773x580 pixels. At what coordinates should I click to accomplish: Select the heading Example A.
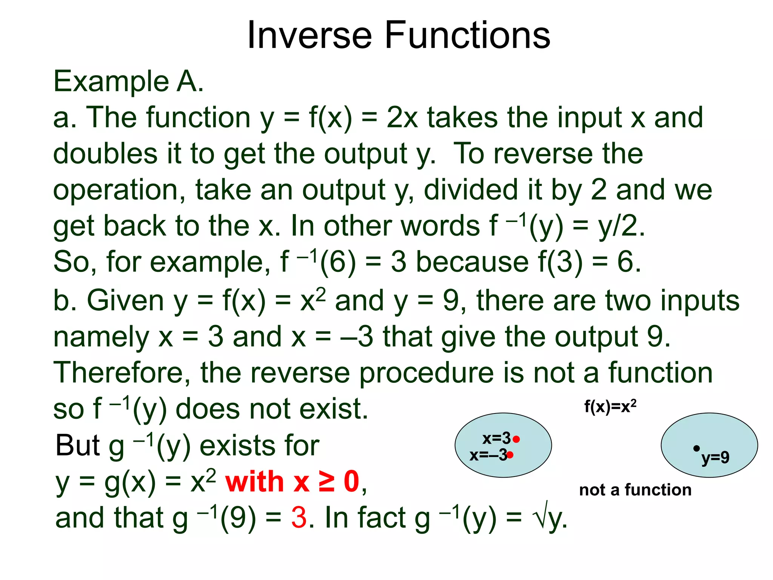pos(128,81)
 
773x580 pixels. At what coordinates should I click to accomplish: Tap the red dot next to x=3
pos(517,439)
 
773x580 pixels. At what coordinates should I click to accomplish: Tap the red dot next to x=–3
pos(510,455)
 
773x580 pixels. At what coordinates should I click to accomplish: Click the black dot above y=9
pos(696,448)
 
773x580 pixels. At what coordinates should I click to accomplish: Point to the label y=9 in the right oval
pos(715,458)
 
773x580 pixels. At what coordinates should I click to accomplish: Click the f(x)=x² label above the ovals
pos(610,407)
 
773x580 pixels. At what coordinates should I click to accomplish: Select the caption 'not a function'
pos(635,490)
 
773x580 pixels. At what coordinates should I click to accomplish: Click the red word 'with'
pos(254,482)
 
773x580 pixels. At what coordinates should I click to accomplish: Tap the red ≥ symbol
pos(326,482)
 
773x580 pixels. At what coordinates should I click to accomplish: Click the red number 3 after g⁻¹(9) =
pos(299,518)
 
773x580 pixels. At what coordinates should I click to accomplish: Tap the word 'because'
pos(472,262)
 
